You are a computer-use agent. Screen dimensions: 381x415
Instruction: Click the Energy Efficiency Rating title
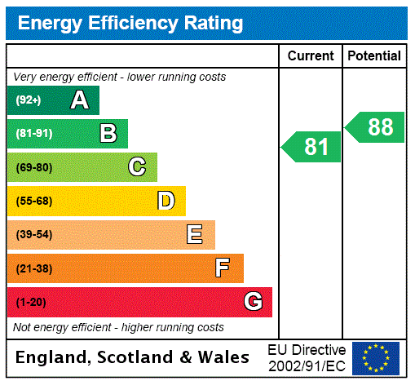[x=130, y=24]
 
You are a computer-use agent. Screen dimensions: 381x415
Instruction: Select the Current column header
[x=311, y=56]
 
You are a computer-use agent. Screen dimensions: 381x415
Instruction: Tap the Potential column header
[x=374, y=56]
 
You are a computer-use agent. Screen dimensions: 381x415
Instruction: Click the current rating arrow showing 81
[x=312, y=147]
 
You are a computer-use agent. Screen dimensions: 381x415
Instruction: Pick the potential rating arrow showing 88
[x=376, y=127]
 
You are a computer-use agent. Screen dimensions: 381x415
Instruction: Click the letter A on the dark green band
[x=79, y=100]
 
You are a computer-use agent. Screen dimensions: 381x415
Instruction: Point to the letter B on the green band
[x=108, y=134]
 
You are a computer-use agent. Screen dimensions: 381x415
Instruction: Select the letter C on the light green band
[x=137, y=167]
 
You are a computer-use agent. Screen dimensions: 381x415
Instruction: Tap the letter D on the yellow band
[x=166, y=201]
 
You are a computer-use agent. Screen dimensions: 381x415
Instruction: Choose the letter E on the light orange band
[x=195, y=235]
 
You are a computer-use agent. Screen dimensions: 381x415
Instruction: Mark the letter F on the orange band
[x=223, y=268]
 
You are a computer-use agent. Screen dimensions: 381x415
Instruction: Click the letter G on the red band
[x=253, y=302]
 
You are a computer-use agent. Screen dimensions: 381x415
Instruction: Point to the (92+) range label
[x=29, y=100]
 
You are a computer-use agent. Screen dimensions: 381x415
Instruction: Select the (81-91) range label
[x=33, y=134]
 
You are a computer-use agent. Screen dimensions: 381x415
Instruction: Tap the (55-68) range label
[x=33, y=202]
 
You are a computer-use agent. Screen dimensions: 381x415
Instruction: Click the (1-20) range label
[x=31, y=303]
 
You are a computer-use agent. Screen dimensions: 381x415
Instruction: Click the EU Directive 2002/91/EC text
[x=307, y=357]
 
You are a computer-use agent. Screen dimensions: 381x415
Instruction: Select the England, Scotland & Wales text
[x=132, y=357]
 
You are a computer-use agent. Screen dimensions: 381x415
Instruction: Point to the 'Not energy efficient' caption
[x=118, y=327]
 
